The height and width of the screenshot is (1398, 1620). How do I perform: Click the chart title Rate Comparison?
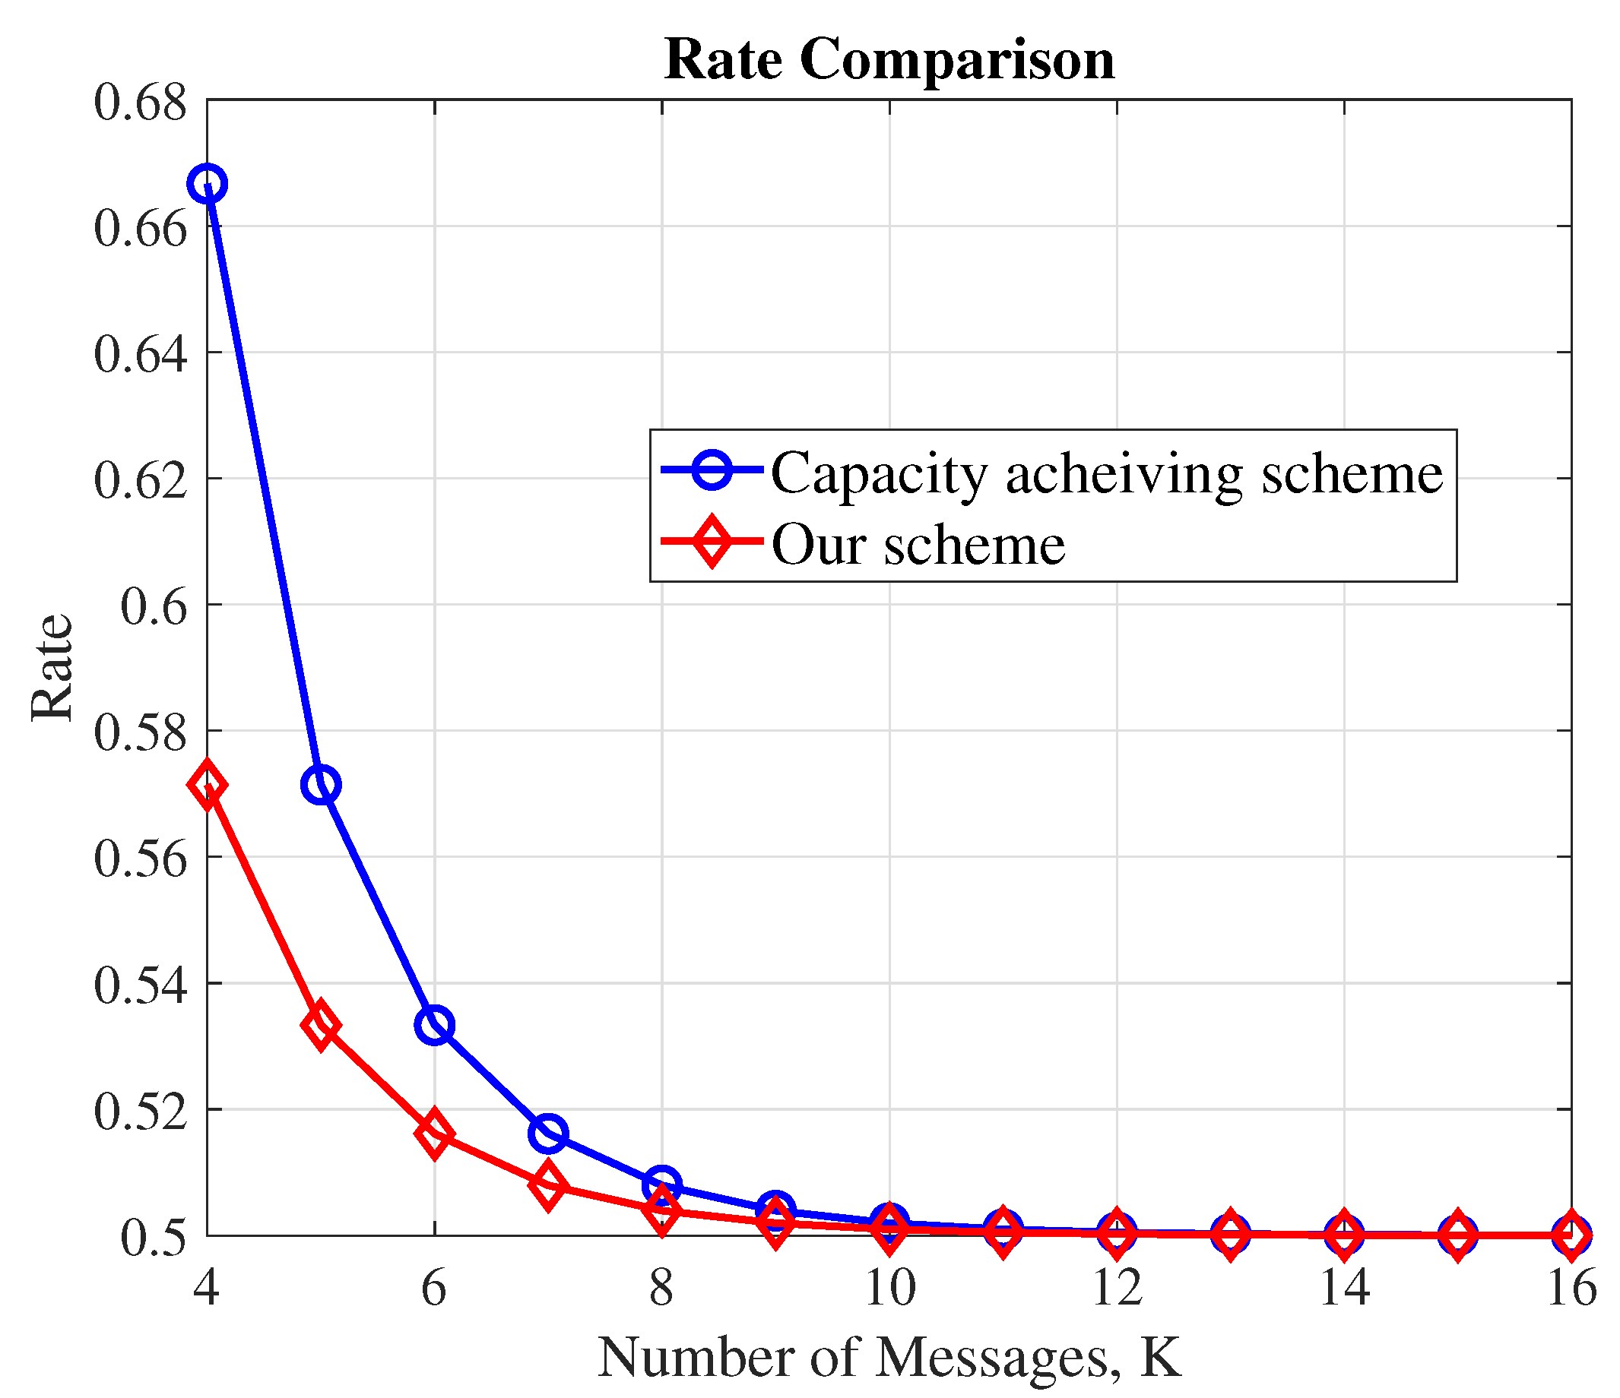pos(889,59)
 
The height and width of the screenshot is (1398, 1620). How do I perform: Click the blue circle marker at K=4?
pos(208,185)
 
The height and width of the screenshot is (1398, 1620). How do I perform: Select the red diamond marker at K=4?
pos(208,786)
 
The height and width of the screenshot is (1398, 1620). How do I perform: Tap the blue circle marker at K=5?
pos(321,785)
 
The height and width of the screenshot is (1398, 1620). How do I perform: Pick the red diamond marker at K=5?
pos(321,1026)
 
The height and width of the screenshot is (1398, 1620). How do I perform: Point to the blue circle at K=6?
pos(435,1025)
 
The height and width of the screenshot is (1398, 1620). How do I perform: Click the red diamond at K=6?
pos(435,1134)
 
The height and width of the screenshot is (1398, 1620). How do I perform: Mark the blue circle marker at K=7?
pos(548,1133)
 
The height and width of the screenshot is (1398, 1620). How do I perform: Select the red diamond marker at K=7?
pos(548,1185)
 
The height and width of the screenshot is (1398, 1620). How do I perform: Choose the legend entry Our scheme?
pos(918,544)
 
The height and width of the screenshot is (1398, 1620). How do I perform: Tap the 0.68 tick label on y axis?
pos(141,103)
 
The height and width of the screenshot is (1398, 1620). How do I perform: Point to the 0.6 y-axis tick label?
pos(154,607)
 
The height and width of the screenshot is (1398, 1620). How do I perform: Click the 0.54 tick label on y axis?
pos(141,985)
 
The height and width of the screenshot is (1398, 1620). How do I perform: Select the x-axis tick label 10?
pos(889,1287)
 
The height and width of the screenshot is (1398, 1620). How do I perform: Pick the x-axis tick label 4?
pos(207,1287)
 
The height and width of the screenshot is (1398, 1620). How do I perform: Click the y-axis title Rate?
pos(52,668)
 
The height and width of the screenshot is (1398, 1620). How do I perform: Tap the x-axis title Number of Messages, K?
pos(889,1358)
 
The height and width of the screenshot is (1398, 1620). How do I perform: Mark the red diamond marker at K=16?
pos(1571,1236)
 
